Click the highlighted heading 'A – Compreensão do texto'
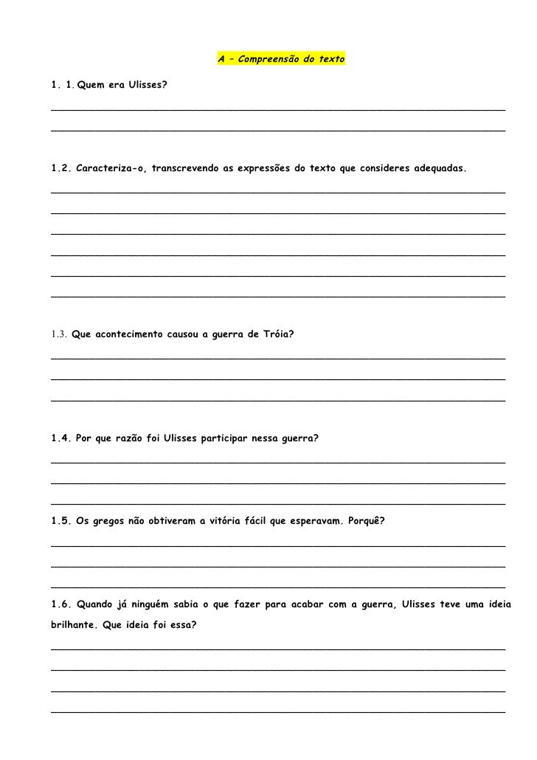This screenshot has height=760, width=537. [281, 57]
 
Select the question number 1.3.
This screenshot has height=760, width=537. [60, 335]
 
